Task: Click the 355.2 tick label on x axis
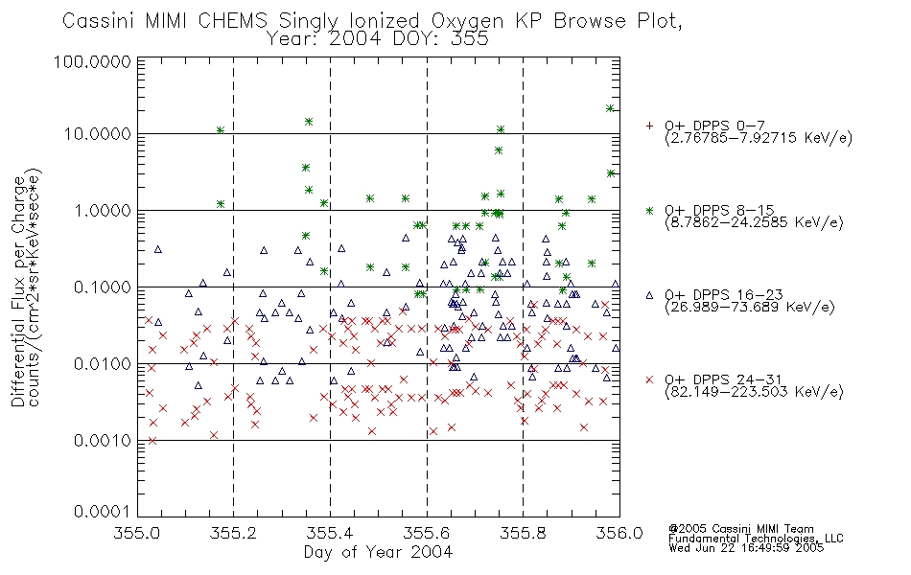234,533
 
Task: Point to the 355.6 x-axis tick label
427,533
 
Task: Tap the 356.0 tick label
619,533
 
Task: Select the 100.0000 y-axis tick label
92,61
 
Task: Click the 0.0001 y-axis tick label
103,512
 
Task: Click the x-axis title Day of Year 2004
378,552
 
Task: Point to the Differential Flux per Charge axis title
18,291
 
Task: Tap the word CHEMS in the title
232,21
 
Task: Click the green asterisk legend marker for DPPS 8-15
649,210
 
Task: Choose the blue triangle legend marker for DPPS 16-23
649,295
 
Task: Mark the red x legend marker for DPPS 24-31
649,379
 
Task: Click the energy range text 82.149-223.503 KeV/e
754,392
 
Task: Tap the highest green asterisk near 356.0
610,108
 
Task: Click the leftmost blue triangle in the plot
157,249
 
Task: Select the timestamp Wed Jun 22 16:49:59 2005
746,548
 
